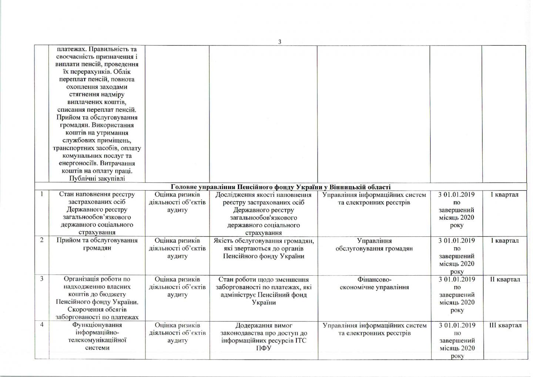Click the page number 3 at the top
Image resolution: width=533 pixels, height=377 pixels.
click(280, 42)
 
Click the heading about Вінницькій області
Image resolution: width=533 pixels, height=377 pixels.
click(281, 187)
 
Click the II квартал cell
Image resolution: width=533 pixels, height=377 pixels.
click(505, 279)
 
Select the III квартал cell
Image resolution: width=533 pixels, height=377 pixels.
click(505, 325)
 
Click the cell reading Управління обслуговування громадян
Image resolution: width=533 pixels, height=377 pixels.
click(374, 245)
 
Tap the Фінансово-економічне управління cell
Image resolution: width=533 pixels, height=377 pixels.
click(374, 283)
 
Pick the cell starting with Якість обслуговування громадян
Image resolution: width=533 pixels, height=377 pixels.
click(264, 248)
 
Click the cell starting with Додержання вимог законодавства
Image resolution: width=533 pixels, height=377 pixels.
click(264, 336)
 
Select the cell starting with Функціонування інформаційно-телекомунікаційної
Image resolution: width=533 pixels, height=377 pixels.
click(97, 336)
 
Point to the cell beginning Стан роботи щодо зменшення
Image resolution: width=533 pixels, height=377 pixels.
click(264, 291)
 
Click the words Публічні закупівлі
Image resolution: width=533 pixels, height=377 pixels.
click(97, 178)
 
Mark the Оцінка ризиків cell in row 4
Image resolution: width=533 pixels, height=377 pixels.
click(177, 332)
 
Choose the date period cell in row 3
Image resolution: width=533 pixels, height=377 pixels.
click(457, 294)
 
